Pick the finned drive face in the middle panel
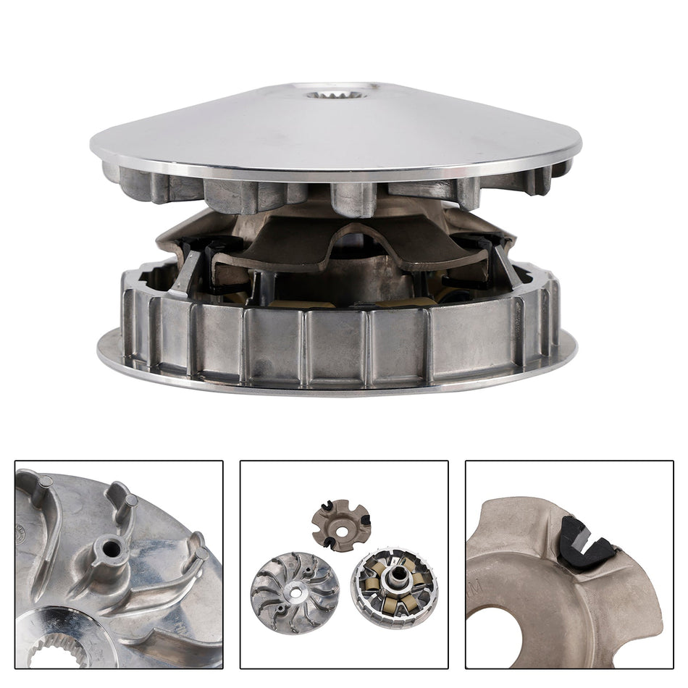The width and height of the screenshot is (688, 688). coord(295,592)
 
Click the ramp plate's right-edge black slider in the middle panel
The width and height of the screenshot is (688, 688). coord(366,519)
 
